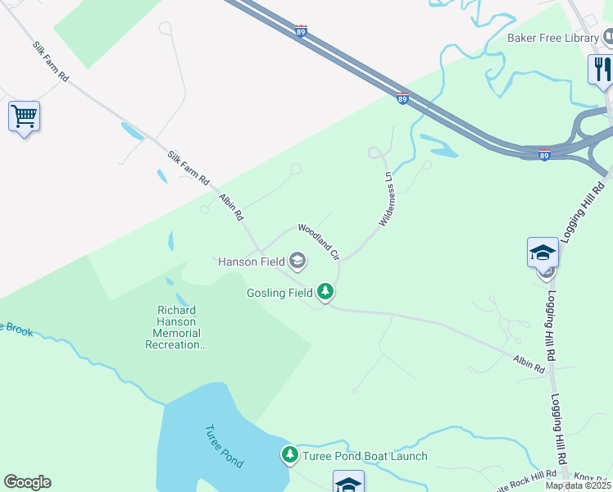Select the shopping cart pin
click(24, 116)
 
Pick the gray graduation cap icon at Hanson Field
click(297, 262)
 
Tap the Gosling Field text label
click(279, 293)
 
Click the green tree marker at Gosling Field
click(325, 292)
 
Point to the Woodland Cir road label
click(318, 241)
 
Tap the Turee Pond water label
click(223, 446)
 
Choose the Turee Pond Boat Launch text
click(365, 457)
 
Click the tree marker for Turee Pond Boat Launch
click(289, 454)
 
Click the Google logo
click(27, 482)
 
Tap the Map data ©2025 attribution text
click(579, 485)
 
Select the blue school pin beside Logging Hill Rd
click(543, 253)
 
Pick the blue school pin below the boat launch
click(348, 482)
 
